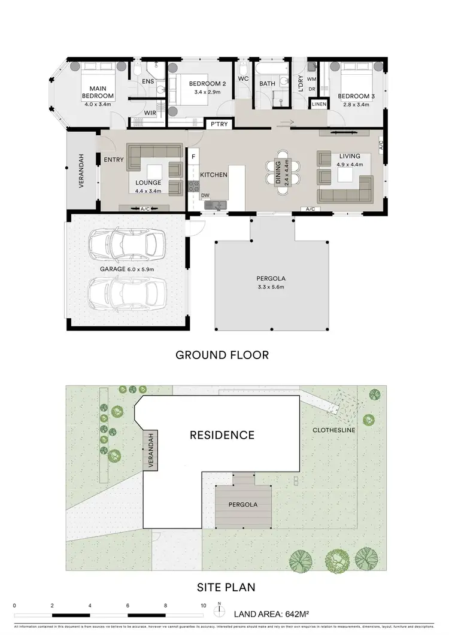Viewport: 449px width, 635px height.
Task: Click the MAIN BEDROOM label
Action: point(98,92)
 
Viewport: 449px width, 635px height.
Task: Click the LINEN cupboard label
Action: point(318,105)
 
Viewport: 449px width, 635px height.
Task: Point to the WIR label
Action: point(150,113)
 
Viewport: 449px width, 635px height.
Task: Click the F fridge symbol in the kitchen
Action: point(193,157)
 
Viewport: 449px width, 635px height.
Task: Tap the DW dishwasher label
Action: point(205,195)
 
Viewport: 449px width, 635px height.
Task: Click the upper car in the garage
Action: point(125,244)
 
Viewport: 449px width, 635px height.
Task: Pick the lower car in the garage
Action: point(125,293)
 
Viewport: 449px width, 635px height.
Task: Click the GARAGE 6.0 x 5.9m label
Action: point(128,269)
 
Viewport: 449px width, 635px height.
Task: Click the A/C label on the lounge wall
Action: point(145,209)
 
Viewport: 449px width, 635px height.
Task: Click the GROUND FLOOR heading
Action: point(222,355)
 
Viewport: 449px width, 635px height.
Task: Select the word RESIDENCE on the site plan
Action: point(222,435)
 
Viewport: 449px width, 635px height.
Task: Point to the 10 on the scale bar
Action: point(203,605)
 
